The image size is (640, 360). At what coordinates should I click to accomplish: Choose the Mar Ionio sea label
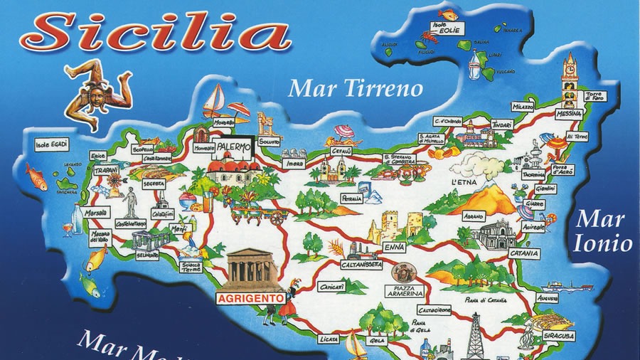tap(603, 231)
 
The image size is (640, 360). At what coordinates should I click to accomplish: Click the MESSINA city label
tap(569, 114)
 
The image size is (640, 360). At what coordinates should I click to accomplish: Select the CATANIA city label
tap(525, 253)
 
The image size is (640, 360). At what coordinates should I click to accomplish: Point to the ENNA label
tap(393, 246)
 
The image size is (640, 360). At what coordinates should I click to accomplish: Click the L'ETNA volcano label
tap(463, 182)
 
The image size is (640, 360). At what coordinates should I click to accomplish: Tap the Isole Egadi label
tap(52, 145)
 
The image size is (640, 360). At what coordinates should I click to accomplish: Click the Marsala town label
tap(97, 213)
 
